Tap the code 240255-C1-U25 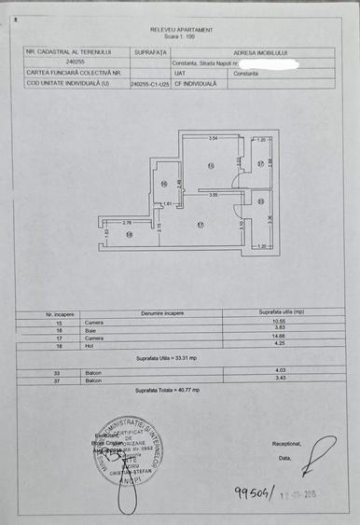(150, 83)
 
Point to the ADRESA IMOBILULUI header (258, 52)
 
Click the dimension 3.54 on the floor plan (213, 139)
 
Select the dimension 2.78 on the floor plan (127, 222)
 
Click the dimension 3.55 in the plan (213, 195)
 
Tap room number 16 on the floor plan (164, 184)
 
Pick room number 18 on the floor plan (130, 235)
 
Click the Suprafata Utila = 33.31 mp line (166, 358)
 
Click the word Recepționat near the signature (286, 444)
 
